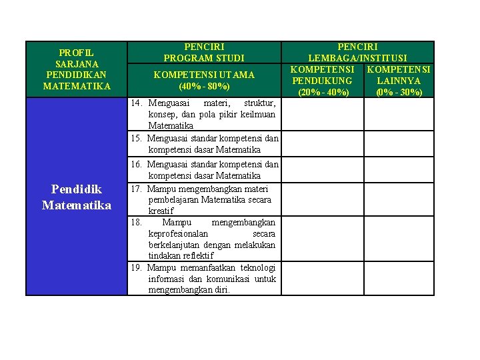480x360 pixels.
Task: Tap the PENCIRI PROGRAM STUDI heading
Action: click(x=204, y=53)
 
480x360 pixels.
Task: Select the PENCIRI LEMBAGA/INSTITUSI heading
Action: click(x=357, y=53)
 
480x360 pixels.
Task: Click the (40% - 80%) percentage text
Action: click(x=204, y=86)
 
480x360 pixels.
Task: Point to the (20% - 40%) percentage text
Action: click(x=323, y=92)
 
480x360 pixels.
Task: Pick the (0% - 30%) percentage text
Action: click(x=399, y=92)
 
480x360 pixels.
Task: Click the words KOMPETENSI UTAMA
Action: click(x=204, y=75)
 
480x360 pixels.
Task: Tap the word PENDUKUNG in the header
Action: click(x=322, y=81)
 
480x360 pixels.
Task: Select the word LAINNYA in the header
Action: click(x=399, y=81)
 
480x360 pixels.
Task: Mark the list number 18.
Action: click(x=136, y=222)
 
